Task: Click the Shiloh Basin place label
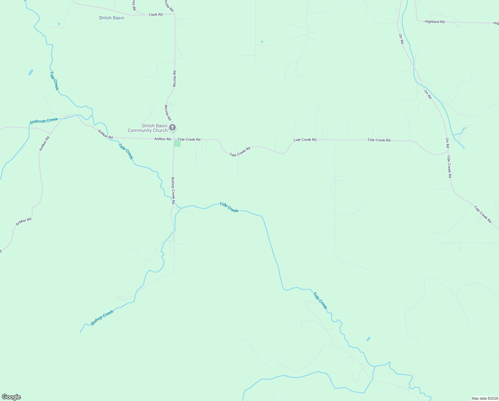pos(111,18)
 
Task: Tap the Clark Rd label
pos(155,15)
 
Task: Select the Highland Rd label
pos(434,22)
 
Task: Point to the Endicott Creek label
pos(44,121)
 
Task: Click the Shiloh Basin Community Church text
pos(148,128)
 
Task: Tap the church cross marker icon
pos(172,127)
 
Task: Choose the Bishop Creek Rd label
pos(173,190)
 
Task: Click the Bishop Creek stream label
pos(102,317)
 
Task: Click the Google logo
pos(11,397)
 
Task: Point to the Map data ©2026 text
pos(484,398)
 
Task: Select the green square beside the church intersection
pos(177,144)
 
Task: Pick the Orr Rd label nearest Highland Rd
pos(401,39)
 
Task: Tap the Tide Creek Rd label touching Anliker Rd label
pos(189,139)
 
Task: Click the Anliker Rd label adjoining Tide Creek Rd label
pos(162,139)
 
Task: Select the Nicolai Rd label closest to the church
pos(167,113)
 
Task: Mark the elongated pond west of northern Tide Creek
pos(31,72)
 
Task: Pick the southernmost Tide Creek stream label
pos(320,301)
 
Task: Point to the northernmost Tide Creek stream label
pos(54,80)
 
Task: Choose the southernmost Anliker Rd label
pos(24,222)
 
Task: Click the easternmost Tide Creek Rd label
pos(483,214)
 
